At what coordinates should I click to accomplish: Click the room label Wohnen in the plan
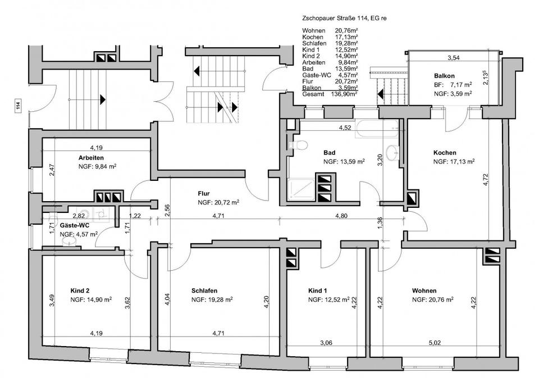click(424, 291)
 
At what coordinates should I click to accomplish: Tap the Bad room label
click(330, 152)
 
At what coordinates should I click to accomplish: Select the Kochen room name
click(445, 152)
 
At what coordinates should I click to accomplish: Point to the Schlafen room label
click(204, 291)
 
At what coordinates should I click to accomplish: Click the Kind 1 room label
click(318, 291)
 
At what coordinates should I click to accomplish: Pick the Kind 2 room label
click(80, 291)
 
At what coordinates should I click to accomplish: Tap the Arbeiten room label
click(91, 157)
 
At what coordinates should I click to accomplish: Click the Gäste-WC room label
click(72, 224)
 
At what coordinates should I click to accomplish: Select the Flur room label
click(204, 193)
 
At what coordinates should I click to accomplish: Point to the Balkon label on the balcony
click(444, 76)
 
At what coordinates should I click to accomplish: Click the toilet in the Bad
click(301, 145)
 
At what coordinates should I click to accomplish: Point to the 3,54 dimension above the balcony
click(453, 58)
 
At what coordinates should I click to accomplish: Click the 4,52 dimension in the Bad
click(345, 128)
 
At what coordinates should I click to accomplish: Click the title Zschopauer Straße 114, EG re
click(344, 19)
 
